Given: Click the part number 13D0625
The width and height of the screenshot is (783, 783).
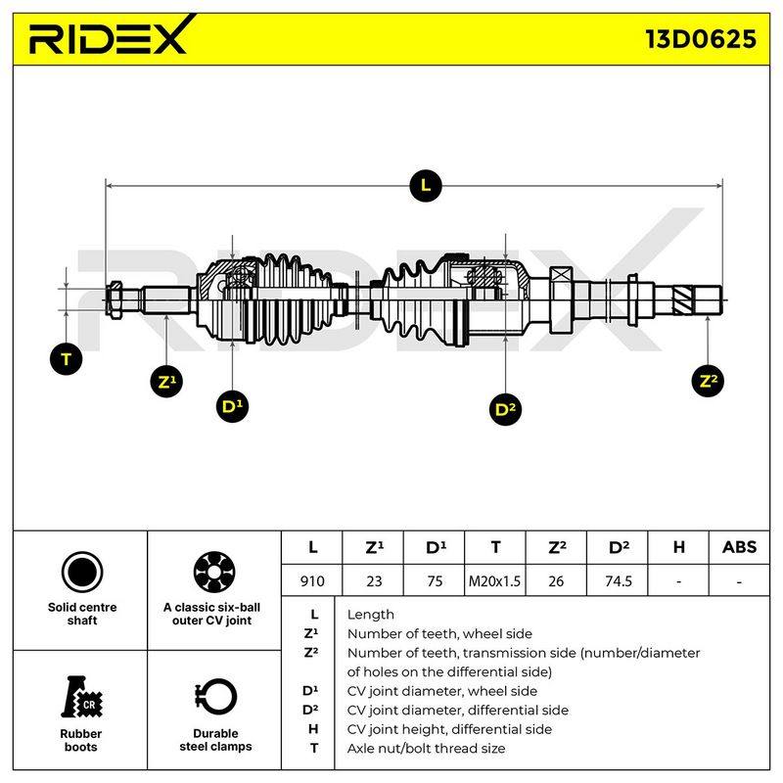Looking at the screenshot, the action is click(x=701, y=39).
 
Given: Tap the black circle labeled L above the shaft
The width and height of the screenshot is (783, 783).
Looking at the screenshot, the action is click(x=425, y=186).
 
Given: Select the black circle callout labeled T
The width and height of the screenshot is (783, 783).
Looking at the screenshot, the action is click(x=66, y=359).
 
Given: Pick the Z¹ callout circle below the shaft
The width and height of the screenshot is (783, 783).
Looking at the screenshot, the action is click(x=166, y=382).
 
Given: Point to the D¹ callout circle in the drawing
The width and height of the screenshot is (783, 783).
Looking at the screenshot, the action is click(x=232, y=406).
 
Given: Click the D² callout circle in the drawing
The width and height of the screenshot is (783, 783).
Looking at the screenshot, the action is click(x=505, y=409).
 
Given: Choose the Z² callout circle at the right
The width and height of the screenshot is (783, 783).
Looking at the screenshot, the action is click(x=708, y=381).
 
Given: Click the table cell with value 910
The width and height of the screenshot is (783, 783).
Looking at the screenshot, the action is click(x=312, y=580).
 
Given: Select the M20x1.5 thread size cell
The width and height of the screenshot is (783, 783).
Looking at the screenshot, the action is click(x=494, y=580).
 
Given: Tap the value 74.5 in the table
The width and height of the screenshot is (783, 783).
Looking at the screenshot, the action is click(x=618, y=580).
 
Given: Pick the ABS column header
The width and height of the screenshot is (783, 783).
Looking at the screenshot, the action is click(x=739, y=547).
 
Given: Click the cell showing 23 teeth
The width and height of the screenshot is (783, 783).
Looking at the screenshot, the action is click(x=374, y=580).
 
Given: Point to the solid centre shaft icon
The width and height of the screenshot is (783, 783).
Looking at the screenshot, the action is click(x=82, y=572).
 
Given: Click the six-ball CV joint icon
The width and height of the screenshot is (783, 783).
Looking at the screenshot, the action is click(x=214, y=572).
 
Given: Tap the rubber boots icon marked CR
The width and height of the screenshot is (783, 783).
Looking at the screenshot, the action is click(x=81, y=697).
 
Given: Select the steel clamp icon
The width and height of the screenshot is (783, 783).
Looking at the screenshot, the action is click(x=215, y=697).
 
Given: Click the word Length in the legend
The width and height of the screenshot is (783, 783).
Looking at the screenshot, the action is click(x=371, y=615).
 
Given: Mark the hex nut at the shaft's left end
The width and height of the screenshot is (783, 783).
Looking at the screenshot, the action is click(x=115, y=300).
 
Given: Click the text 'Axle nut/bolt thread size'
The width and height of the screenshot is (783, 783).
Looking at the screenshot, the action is click(x=426, y=748).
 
